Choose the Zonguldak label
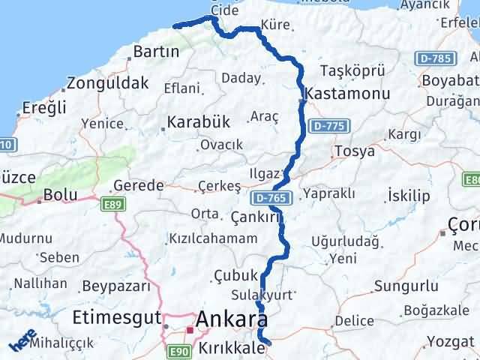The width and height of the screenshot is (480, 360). point(107,83)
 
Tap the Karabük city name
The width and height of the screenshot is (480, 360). point(197,121)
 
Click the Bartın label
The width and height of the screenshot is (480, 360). point(155,52)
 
